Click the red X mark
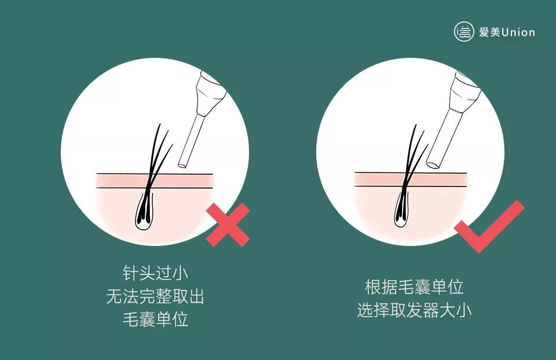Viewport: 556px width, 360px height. [228, 225]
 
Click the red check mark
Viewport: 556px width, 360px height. [489, 227]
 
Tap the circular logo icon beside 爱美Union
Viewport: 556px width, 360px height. [464, 32]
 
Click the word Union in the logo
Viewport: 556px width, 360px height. [518, 32]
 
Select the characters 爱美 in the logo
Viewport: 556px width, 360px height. [489, 32]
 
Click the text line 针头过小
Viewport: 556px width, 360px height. [155, 273]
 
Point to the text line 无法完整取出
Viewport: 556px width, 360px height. [155, 296]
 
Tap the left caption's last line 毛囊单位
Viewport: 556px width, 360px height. [155, 319]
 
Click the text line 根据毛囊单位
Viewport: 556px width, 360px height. [414, 286]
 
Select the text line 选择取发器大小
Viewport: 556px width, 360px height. [414, 310]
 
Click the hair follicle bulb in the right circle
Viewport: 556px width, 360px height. [403, 211]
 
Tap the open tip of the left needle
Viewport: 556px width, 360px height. [182, 164]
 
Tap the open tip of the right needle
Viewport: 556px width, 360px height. [433, 164]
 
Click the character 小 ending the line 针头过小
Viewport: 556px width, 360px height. [180, 273]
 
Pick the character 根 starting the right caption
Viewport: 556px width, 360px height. [373, 286]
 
